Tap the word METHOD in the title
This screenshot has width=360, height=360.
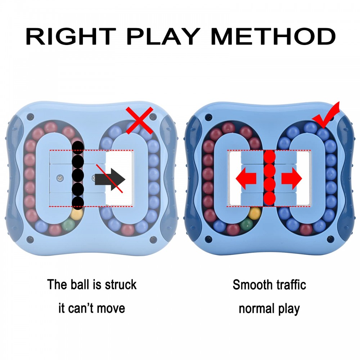pos(273,36)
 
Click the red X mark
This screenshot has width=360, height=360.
pos(140,120)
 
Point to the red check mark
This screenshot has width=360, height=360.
pos(325,115)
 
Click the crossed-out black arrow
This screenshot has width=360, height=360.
pos(110,179)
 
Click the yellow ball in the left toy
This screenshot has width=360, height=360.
pos(77,214)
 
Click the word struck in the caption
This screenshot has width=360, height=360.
pos(121,285)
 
